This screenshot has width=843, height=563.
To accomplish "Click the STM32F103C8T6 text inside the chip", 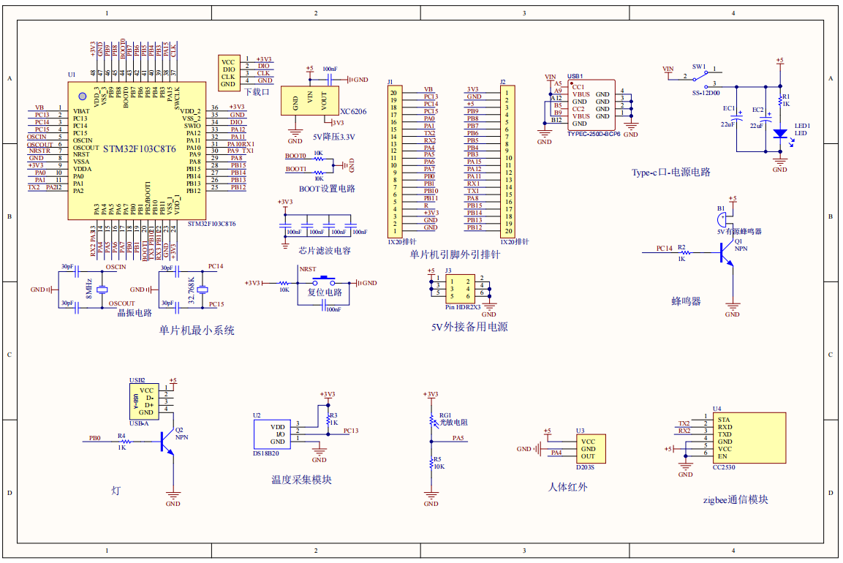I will coord(139,148).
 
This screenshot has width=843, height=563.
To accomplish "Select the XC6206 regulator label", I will coord(353,112).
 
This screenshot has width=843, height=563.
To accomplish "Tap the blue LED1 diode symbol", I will coord(779,134).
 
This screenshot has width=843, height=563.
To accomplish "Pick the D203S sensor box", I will coord(595,449).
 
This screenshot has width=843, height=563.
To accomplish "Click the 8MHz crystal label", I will coord(88,287).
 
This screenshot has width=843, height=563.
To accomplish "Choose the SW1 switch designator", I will coord(699,67).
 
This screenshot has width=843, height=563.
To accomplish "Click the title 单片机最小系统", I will coord(197,330).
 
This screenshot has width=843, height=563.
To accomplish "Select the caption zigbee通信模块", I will coord(735,500).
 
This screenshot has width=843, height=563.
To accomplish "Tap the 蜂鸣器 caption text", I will coord(686,301).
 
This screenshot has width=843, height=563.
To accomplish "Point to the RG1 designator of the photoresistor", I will coord(445,415).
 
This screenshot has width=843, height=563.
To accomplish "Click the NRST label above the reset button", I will coord(308,269).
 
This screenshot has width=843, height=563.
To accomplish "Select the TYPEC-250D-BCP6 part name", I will coord(593,134).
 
